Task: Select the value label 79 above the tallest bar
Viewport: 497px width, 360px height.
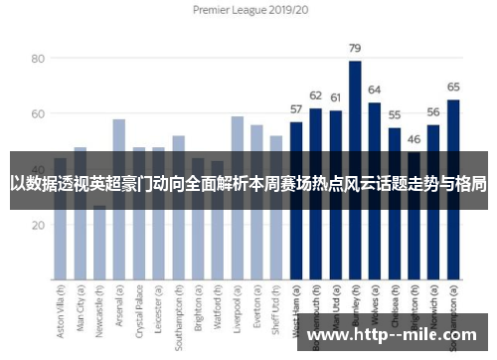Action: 355,48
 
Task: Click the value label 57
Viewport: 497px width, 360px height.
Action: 296,109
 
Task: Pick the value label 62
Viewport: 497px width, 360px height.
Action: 316,95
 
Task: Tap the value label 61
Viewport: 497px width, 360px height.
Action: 335,98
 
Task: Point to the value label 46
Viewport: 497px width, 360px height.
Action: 414,140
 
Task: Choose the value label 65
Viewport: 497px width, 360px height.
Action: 453,88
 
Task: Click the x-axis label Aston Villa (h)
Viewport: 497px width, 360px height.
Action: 61,309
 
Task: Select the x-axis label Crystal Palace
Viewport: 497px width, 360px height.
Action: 139,309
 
